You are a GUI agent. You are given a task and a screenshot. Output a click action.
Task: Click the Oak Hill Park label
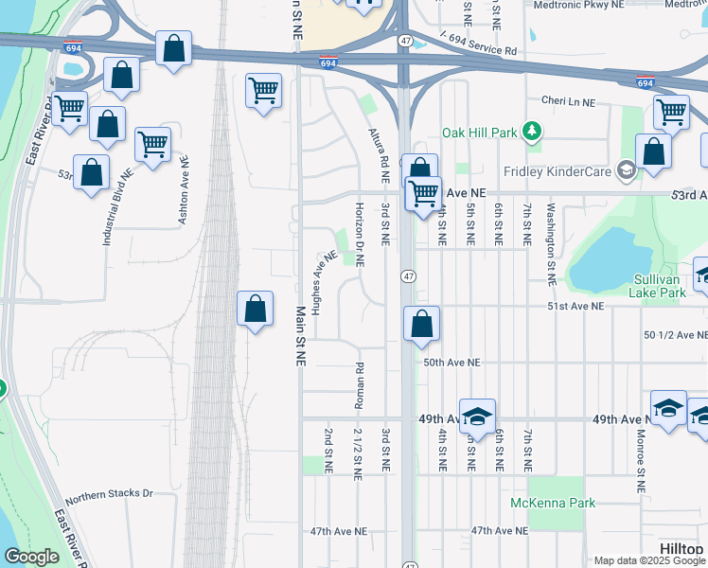480,133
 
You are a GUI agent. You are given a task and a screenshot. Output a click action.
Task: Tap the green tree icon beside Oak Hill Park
532,131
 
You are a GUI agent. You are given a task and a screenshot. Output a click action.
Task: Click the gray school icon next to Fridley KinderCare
625,170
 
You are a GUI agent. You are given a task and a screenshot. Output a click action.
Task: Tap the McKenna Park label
553,503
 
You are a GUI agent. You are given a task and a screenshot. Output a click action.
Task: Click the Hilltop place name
681,550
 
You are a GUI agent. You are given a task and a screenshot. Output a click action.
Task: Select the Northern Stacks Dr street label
109,493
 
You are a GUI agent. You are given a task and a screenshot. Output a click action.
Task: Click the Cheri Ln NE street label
568,100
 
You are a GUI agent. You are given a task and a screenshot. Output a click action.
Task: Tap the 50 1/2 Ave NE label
675,335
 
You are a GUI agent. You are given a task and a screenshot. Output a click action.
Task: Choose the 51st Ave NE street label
575,307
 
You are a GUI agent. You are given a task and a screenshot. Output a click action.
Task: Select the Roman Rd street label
360,386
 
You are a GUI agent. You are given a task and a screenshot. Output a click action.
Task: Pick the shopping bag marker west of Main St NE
255,310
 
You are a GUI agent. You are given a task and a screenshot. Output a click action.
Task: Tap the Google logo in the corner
32,557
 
